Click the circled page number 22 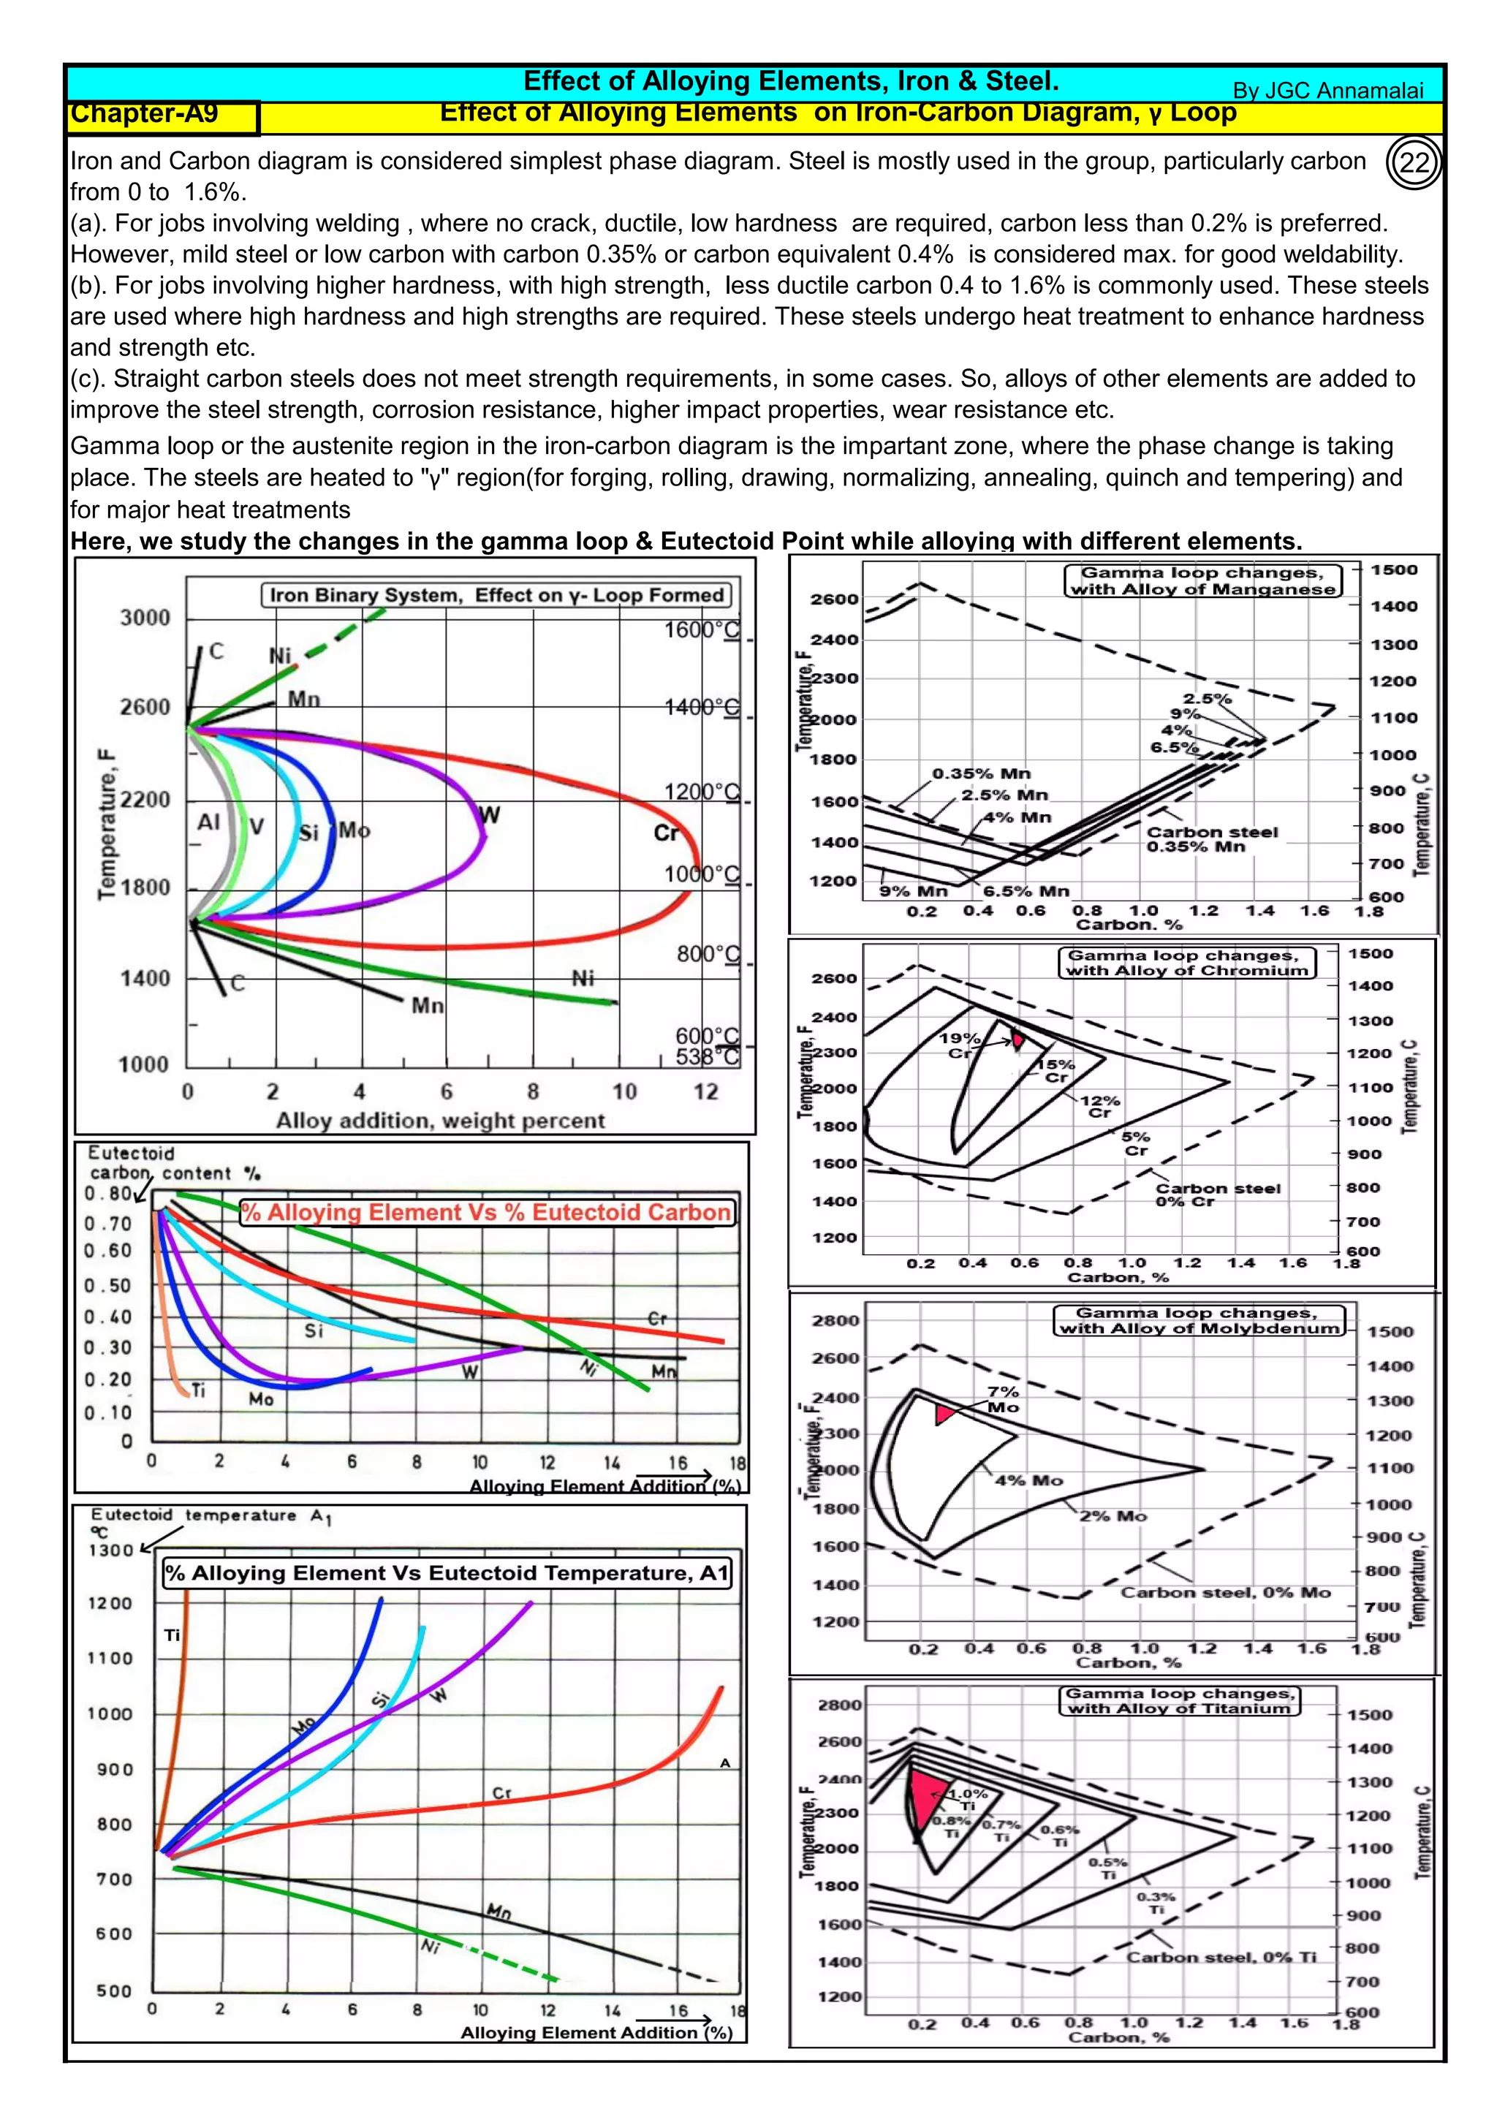click(1414, 163)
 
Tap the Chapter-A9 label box click(163, 116)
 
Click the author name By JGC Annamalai click(1327, 91)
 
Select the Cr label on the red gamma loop click(666, 833)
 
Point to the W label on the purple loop click(490, 815)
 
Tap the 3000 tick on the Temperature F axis click(145, 618)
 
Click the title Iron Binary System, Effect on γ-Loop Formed click(496, 595)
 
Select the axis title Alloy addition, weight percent click(441, 1121)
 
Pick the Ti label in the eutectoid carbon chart click(198, 1390)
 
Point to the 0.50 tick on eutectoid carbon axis click(108, 1285)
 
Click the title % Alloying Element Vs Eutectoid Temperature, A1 click(447, 1572)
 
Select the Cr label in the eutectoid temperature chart click(501, 1793)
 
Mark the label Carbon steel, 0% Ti click(1221, 1957)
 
